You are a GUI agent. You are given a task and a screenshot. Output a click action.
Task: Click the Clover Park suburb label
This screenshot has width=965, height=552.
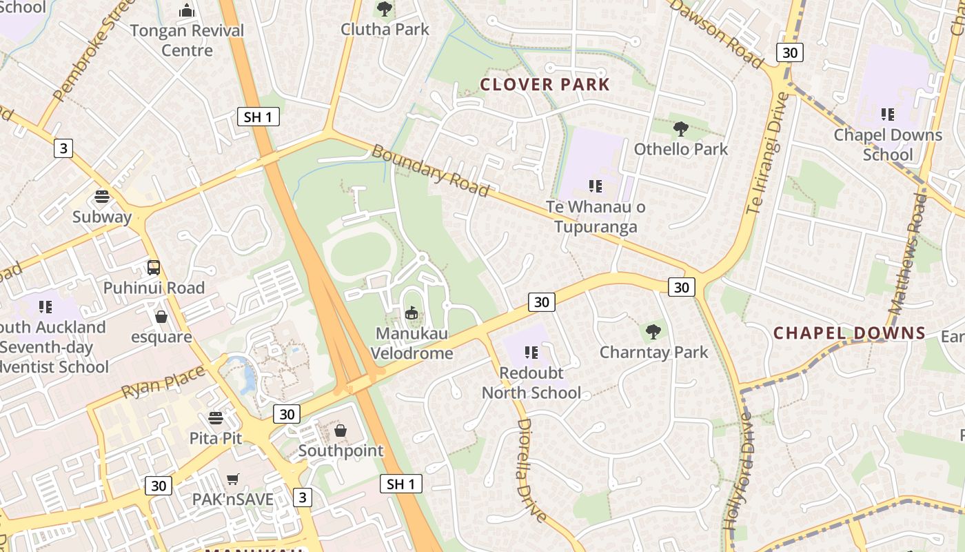pyautogui.click(x=545, y=85)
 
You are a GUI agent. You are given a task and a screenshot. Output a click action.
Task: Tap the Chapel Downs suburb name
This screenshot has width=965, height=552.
pyautogui.click(x=849, y=333)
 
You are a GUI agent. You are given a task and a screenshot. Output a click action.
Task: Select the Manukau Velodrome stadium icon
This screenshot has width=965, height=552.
pyautogui.click(x=412, y=313)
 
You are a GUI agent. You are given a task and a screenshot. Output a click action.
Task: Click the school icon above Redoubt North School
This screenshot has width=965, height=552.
pyautogui.click(x=531, y=353)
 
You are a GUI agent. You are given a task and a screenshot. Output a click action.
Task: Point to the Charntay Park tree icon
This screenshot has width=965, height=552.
pyautogui.click(x=653, y=332)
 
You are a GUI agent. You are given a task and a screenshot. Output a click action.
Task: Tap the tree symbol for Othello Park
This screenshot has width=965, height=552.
pyautogui.click(x=680, y=128)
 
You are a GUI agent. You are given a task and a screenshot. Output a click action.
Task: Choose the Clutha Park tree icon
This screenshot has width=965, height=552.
pyautogui.click(x=385, y=9)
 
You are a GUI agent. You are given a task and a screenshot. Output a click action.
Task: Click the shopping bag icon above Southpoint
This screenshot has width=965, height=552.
pyautogui.click(x=341, y=431)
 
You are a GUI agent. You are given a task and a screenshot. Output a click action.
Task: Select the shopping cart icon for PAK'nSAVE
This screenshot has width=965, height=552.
pyautogui.click(x=233, y=479)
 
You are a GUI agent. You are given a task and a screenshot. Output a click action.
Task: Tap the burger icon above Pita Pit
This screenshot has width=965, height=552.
pyautogui.click(x=216, y=418)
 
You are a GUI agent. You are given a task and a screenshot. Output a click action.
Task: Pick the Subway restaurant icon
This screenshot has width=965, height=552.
pyautogui.click(x=102, y=197)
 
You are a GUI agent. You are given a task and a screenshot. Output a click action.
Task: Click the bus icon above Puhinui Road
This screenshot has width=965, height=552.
pyautogui.click(x=154, y=268)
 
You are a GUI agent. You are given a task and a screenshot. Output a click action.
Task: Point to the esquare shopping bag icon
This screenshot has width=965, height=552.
pyautogui.click(x=161, y=317)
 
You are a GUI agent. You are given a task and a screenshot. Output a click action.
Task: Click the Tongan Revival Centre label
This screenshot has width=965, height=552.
pyautogui.click(x=187, y=40)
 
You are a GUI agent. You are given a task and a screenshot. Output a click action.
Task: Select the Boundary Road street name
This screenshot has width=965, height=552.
pyautogui.click(x=430, y=170)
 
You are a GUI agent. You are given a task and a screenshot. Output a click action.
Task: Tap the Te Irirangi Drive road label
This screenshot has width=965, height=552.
pyautogui.click(x=766, y=153)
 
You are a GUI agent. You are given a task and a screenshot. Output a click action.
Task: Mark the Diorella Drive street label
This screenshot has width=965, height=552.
pyautogui.click(x=531, y=470)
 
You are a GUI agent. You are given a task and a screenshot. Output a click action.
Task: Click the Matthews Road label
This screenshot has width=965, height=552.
pyautogui.click(x=908, y=253)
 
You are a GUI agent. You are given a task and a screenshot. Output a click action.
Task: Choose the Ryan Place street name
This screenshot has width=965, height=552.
pyautogui.click(x=163, y=382)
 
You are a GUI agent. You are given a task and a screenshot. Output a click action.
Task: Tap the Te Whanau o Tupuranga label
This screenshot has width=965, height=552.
pyautogui.click(x=596, y=217)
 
